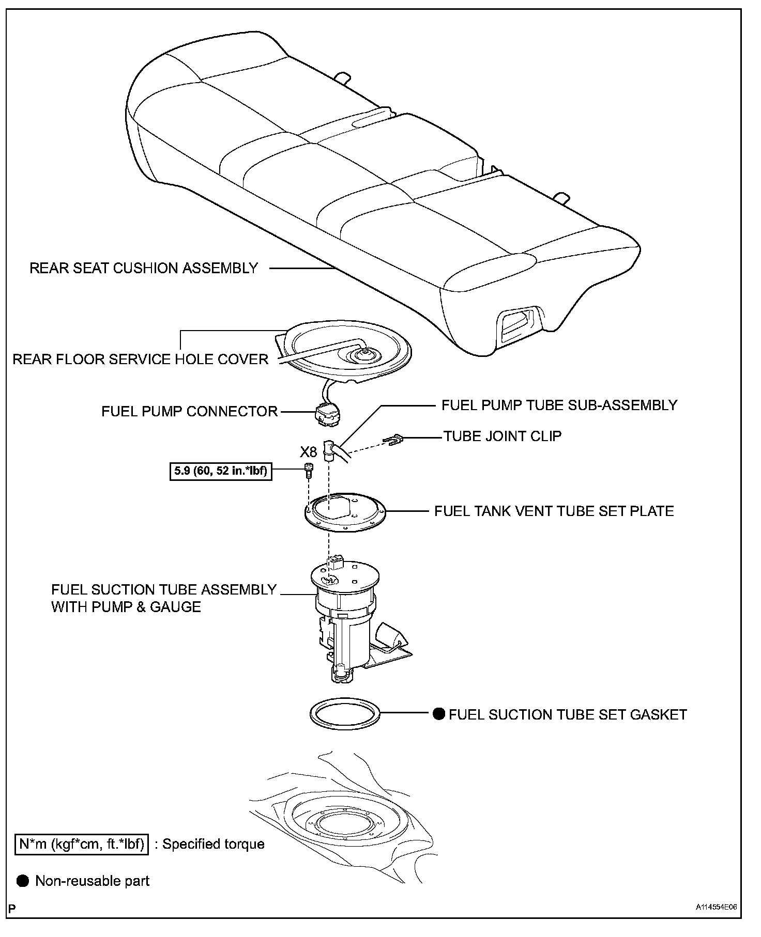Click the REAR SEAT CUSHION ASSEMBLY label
point(144,268)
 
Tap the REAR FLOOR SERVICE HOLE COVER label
point(140,359)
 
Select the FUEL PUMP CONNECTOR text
point(190,411)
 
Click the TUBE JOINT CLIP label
point(503,436)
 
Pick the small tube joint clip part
point(393,440)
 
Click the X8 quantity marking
point(309,452)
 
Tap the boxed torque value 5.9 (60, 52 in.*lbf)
point(221,471)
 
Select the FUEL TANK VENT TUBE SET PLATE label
point(554,511)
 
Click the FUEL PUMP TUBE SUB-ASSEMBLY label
point(559,405)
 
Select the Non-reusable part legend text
point(92,881)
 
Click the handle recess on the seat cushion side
point(518,324)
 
